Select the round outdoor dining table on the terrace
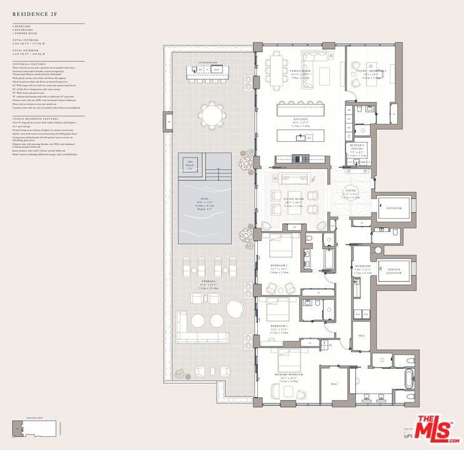click(211, 115)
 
